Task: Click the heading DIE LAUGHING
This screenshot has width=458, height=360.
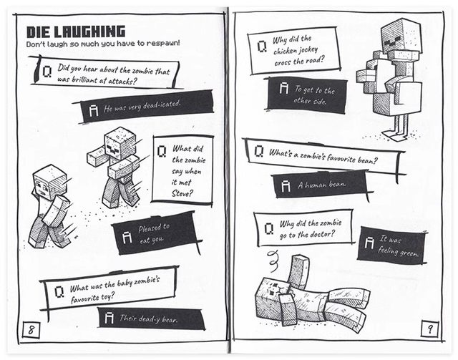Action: pos(76,31)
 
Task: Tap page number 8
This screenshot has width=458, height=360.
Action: pos(32,330)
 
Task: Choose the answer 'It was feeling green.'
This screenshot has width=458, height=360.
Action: pos(394,245)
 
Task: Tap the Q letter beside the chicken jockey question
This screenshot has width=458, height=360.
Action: pos(262,47)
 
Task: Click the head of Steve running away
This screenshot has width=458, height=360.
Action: pos(50,181)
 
